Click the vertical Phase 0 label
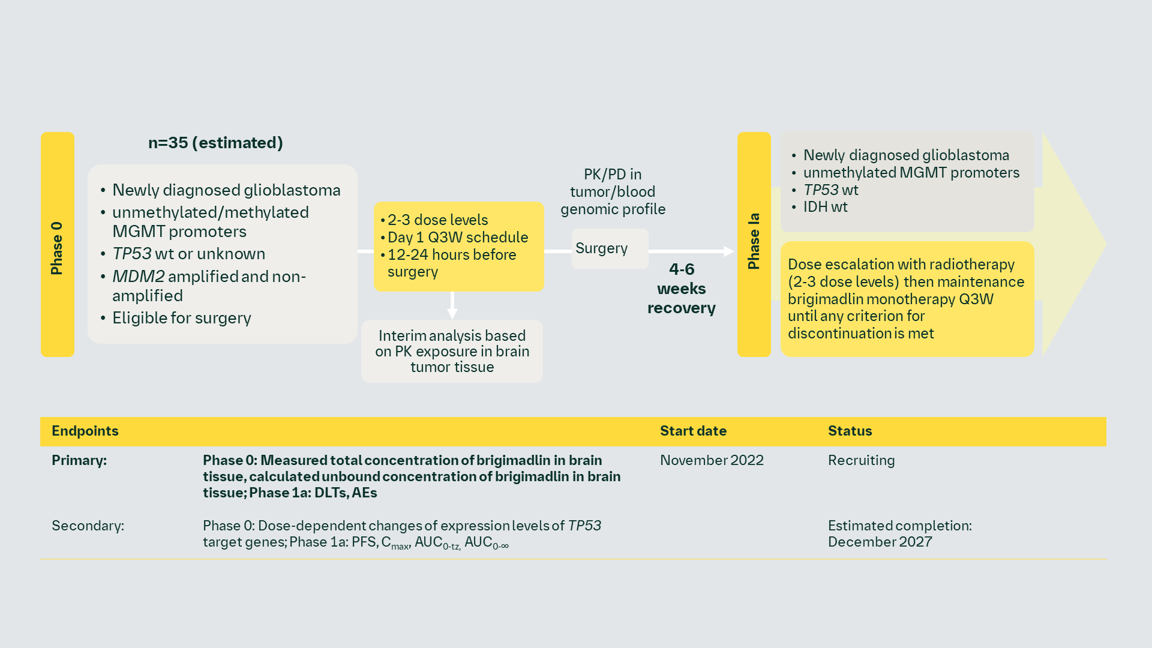coord(57,245)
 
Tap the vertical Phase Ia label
coord(754,242)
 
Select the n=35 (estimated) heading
coord(215,143)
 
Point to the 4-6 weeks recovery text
coord(682,289)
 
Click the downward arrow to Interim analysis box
coord(452,305)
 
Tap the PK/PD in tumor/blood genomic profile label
coord(613,192)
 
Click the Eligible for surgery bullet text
coord(181,318)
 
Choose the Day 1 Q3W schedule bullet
coord(457,238)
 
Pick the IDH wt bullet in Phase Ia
coord(825,208)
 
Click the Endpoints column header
coord(85,431)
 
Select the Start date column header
coord(693,431)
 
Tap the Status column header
coord(850,431)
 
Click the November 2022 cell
coord(712,461)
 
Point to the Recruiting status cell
coord(861,461)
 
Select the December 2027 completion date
coord(880,542)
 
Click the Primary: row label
coord(79,461)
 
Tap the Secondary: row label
coord(88,526)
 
